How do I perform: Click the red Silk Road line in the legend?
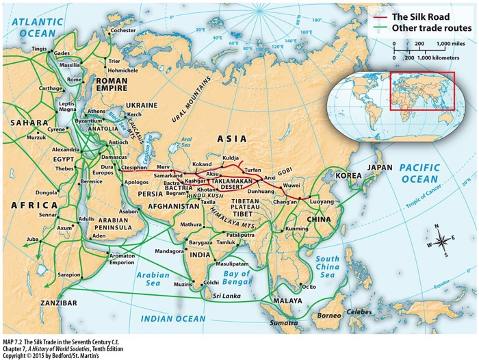pyautogui.click(x=378, y=16)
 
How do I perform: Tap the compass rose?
pyautogui.click(x=441, y=240)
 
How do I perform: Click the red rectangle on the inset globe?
pyautogui.click(x=422, y=90)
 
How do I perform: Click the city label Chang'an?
pyautogui.click(x=287, y=201)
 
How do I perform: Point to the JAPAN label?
pyautogui.click(x=380, y=168)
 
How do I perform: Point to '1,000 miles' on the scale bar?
pyautogui.click(x=452, y=43)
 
